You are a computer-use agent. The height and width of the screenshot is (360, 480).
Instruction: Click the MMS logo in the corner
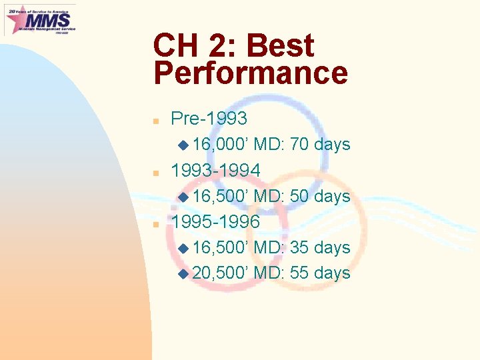(40, 19)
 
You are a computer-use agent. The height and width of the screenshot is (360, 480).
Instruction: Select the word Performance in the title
(251, 73)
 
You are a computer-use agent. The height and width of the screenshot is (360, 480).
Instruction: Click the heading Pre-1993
(209, 119)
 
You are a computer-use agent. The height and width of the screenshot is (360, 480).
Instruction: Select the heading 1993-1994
(215, 171)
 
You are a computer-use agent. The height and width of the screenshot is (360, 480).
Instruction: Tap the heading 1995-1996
(215, 222)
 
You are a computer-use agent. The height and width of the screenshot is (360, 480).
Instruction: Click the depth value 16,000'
(221, 145)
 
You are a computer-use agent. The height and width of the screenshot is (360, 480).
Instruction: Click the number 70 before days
(299, 145)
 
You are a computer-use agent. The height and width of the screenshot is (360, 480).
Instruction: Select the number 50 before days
(299, 196)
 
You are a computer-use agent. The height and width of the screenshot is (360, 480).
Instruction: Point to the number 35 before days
(299, 247)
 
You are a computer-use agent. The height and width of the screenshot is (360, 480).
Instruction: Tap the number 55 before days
(299, 273)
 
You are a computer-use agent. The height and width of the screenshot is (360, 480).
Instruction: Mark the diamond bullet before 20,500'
(183, 273)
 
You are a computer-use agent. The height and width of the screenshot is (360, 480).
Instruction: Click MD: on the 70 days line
(270, 145)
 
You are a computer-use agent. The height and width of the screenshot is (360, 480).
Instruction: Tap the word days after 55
(332, 273)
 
